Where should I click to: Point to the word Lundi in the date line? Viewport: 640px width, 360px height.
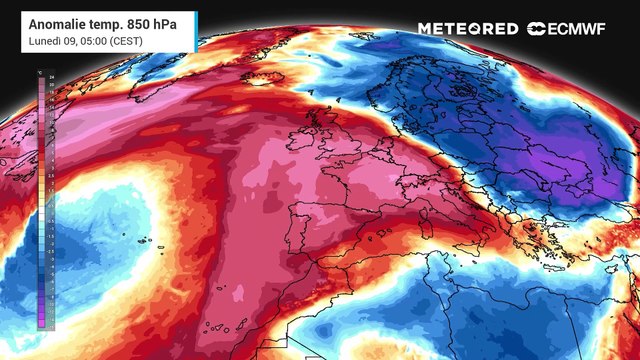point(44,39)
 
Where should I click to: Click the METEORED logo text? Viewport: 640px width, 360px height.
point(468,29)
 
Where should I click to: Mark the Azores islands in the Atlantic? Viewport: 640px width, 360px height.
point(145,241)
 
